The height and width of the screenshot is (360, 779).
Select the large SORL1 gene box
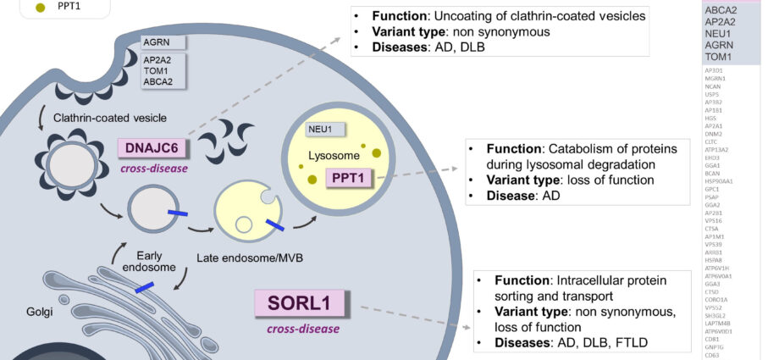(x=302, y=302)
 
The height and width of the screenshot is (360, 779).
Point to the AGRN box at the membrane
(x=163, y=42)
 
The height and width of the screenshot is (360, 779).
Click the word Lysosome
(x=333, y=155)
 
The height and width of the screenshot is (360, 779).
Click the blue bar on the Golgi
(x=144, y=288)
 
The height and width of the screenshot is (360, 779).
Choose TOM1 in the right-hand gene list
(x=720, y=57)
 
